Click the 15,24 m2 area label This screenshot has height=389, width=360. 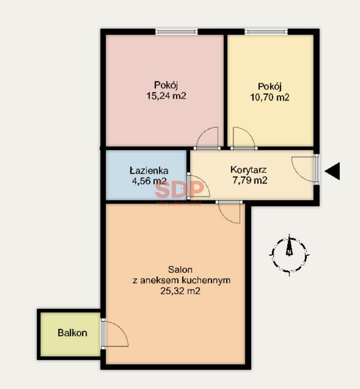pyautogui.click(x=166, y=96)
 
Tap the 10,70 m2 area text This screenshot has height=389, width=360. pyautogui.click(x=270, y=97)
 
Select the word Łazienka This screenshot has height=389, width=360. pyautogui.click(x=149, y=171)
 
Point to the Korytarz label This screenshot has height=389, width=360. pyautogui.click(x=249, y=170)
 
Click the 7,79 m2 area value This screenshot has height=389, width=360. pyautogui.click(x=250, y=181)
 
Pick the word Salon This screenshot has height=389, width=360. pyautogui.click(x=180, y=269)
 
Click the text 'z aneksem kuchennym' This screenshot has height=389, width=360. pyautogui.click(x=182, y=280)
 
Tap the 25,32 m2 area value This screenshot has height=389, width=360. pyautogui.click(x=180, y=291)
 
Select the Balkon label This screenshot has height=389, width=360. pyautogui.click(x=72, y=333)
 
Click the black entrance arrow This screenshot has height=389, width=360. pyautogui.click(x=332, y=171)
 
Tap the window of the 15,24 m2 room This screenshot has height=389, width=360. pyautogui.click(x=176, y=32)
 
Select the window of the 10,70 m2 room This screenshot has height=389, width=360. pyautogui.click(x=266, y=32)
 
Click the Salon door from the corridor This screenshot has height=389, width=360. pyautogui.click(x=229, y=212)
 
